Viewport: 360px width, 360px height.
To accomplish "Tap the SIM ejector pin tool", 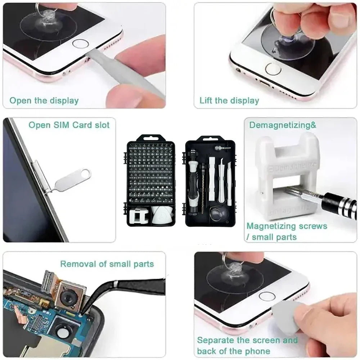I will point(72,180).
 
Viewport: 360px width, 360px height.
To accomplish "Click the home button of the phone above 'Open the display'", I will point(80,44).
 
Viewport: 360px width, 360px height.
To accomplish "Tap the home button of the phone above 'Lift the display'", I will point(273,69).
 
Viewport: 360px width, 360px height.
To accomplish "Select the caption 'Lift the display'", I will point(229,101).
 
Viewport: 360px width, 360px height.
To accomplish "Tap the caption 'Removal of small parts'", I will point(107,264).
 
